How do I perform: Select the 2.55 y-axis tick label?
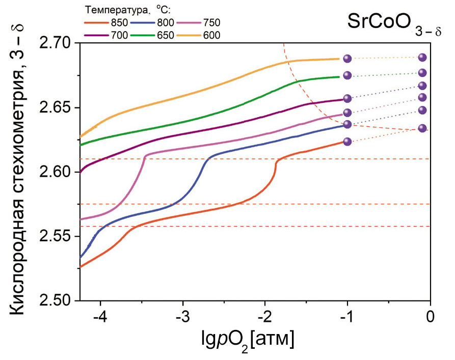coord(57,237)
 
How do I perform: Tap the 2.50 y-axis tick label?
coord(57,301)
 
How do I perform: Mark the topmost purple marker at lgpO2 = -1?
coord(347,59)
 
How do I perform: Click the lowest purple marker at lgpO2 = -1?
coord(347,142)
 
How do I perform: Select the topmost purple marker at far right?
coord(422,58)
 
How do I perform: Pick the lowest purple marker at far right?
coord(422,128)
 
